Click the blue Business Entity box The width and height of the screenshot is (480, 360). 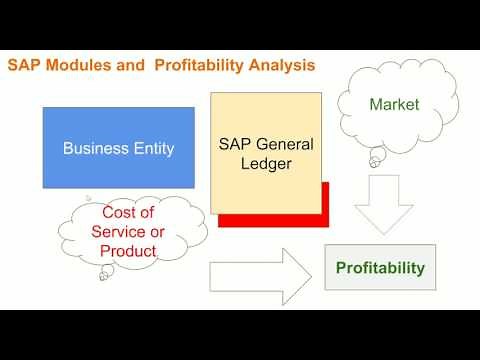[118, 148]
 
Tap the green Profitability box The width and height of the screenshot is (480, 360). [379, 267]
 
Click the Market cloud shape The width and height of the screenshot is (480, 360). [393, 103]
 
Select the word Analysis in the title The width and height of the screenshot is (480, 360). [281, 66]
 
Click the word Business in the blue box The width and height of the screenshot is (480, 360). [95, 149]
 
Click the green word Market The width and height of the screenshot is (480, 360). [393, 103]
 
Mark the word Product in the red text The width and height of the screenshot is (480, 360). [131, 251]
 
